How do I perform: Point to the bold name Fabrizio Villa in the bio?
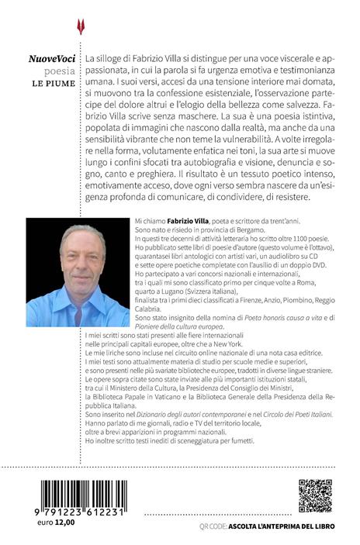tap(189, 222)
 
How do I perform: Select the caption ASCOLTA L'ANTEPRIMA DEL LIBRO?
tap(279, 528)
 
